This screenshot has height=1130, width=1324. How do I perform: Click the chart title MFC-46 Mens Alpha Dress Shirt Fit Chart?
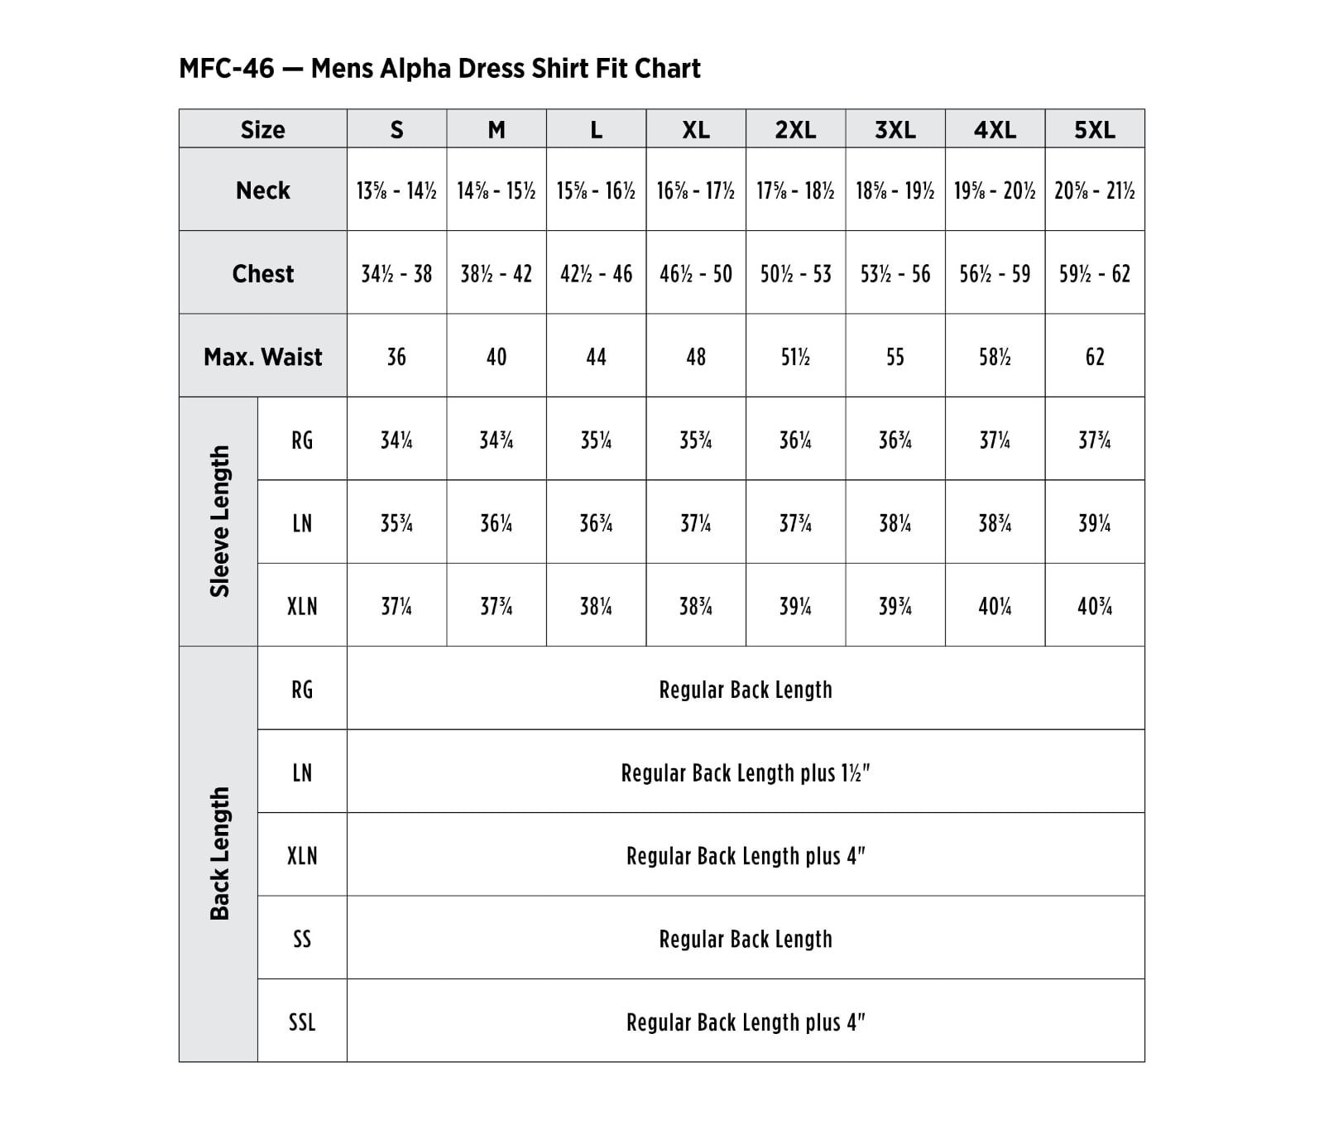coord(439,68)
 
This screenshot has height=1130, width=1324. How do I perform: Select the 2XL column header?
coord(795,130)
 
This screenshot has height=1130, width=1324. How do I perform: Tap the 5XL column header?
coord(1094,130)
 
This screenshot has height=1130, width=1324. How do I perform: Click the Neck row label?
coord(262,190)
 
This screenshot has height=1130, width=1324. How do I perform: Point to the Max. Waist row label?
coord(262,357)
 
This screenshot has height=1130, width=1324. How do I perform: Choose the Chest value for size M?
coord(496,274)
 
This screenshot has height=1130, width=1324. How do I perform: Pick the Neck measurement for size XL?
coord(695,191)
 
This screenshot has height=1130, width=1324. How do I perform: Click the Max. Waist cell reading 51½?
coord(795,357)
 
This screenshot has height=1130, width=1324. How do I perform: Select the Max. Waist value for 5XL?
coord(1094,357)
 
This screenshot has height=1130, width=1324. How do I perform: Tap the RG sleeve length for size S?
coord(396,440)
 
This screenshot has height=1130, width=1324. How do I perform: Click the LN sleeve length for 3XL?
coord(895,523)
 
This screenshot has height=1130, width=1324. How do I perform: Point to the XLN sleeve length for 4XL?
coord(994,607)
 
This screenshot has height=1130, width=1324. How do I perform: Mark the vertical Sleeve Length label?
coord(219,522)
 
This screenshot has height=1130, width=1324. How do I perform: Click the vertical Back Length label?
coord(219,854)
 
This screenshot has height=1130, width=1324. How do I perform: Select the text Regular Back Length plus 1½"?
coord(745,773)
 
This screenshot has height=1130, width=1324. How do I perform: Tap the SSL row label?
coord(302,1022)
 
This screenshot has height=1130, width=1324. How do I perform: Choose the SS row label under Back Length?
coord(302,939)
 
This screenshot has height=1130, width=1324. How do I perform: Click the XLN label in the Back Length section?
coord(302,856)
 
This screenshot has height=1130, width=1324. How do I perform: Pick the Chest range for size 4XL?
coord(994,274)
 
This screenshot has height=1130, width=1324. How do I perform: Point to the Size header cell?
coord(262,130)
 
